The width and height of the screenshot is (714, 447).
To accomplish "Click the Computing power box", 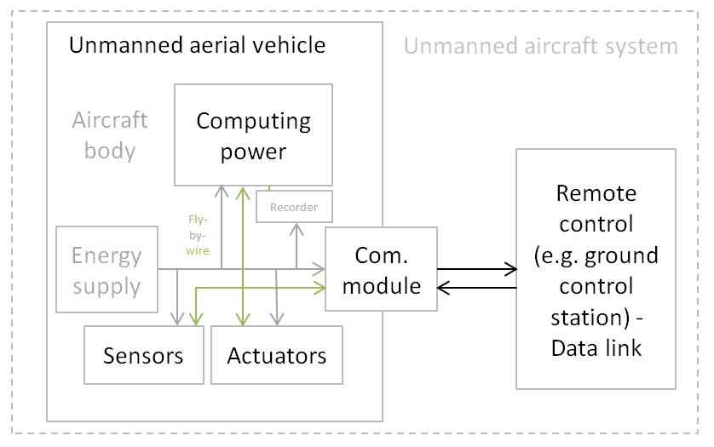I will click(x=253, y=135).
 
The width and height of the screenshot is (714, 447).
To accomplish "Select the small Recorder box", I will click(x=294, y=207).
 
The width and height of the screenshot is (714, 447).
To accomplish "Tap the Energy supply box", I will click(x=107, y=270).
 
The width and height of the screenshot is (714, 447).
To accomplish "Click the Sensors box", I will click(x=143, y=355).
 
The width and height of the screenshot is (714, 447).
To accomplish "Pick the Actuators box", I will click(x=276, y=355).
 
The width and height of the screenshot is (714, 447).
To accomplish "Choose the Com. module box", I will click(x=381, y=269).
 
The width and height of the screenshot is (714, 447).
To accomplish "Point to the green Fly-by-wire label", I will click(x=198, y=235).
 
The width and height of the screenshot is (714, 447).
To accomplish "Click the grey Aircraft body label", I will click(x=110, y=135).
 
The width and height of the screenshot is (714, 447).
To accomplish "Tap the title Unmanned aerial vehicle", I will click(x=197, y=45).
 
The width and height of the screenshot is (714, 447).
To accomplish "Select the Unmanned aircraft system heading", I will click(x=540, y=46).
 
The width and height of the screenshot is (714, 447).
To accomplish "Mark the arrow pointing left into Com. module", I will click(x=443, y=288).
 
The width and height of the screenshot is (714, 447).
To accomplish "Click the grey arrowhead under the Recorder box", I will click(x=296, y=228).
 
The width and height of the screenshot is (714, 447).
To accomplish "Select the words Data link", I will click(x=596, y=347).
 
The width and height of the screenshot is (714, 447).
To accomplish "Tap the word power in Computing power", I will click(x=253, y=152).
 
